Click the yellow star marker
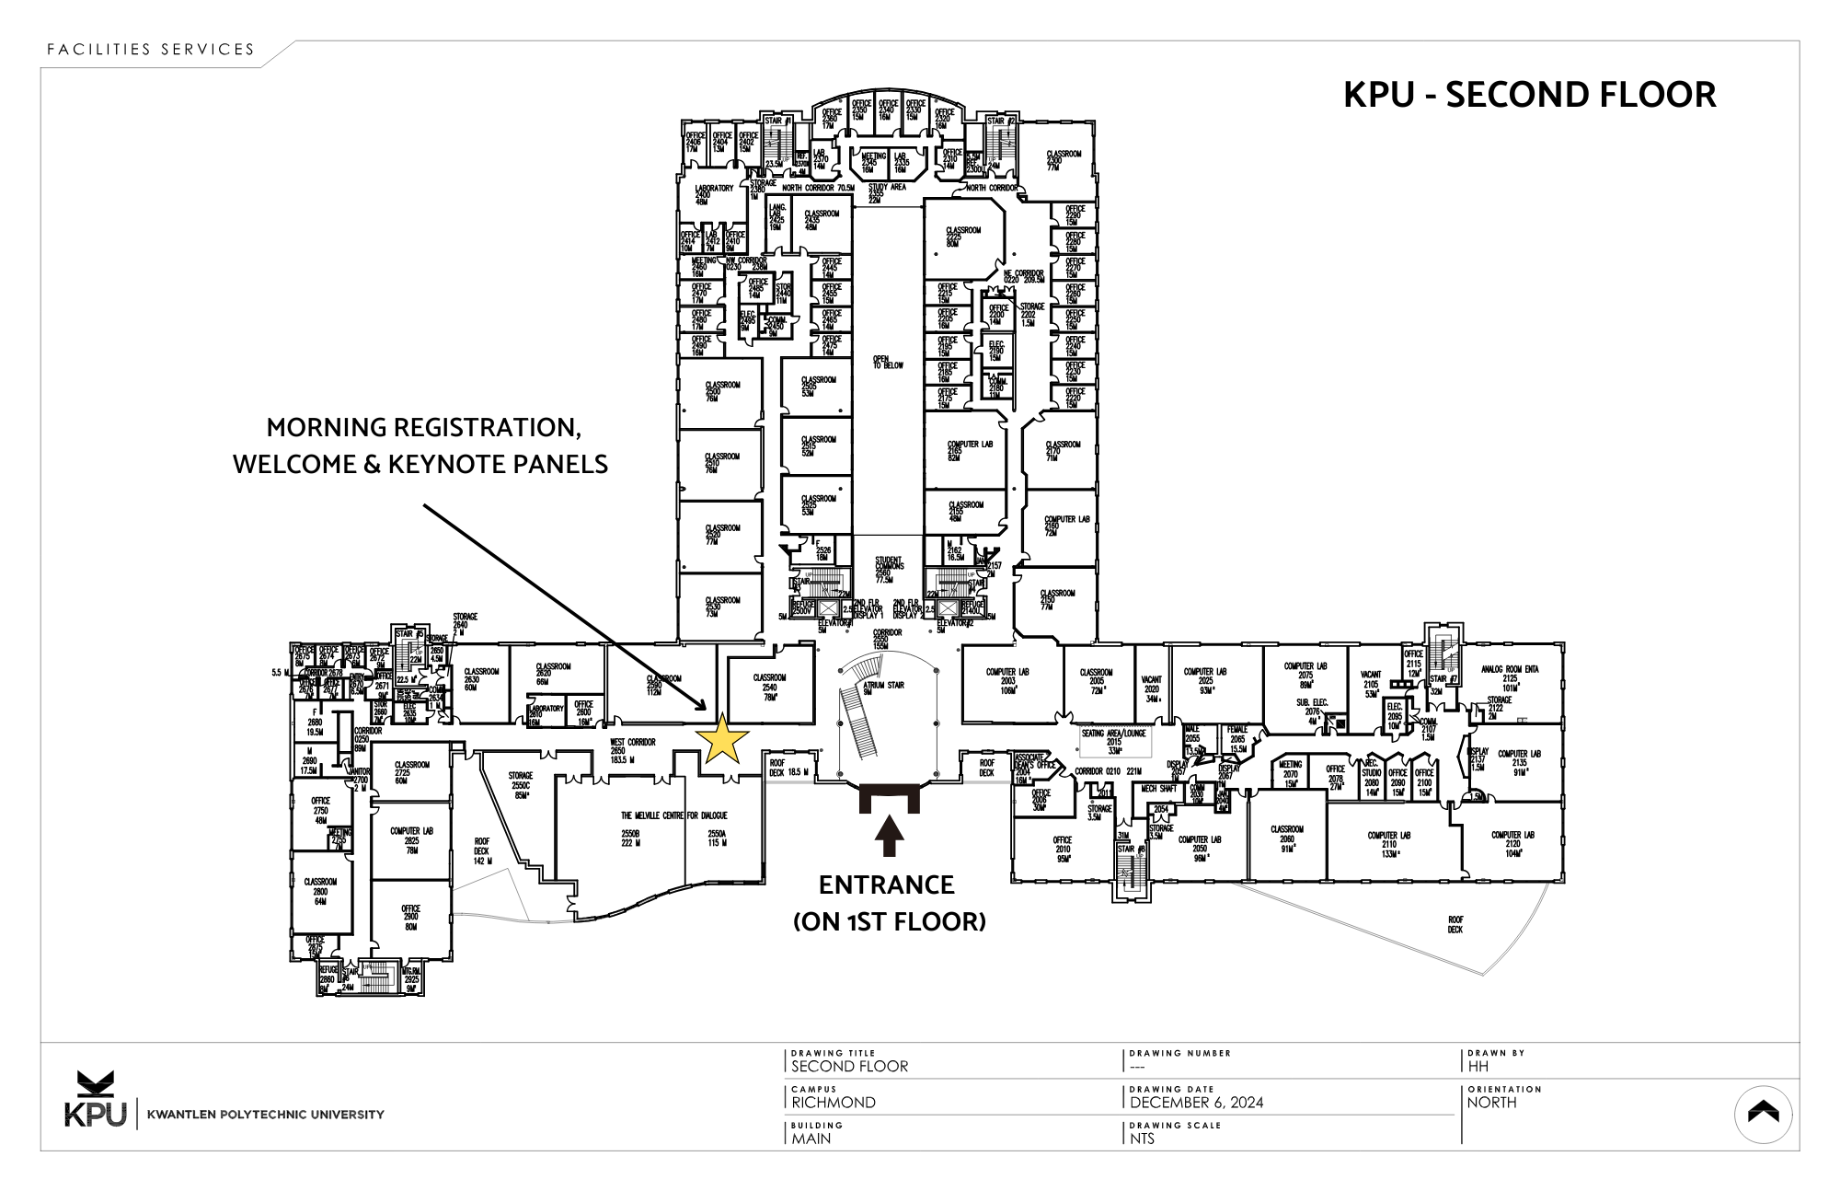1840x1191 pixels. pos(723,739)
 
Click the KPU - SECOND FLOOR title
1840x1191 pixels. pos(1529,95)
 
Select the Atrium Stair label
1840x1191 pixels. pos(883,686)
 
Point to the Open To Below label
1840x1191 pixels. pos(888,363)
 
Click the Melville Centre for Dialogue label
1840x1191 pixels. pos(673,815)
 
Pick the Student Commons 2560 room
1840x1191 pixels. pos(888,569)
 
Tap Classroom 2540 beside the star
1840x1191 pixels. pos(769,686)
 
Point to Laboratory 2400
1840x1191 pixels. pos(714,194)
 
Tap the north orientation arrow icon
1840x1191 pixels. pos(1763,1114)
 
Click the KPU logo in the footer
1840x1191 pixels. pos(95,1101)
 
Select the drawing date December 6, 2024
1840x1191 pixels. pos(1196,1103)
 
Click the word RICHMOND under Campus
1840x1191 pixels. pos(834,1103)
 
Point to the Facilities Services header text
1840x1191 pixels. pos(151,50)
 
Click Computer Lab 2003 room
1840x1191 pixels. pos(1007,680)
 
